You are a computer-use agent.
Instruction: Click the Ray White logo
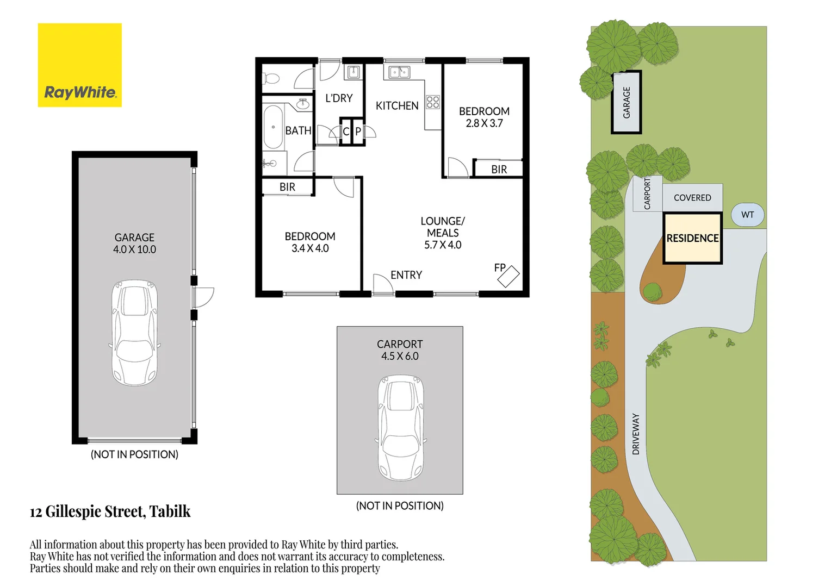click(79, 65)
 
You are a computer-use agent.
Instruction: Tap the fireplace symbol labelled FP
click(508, 277)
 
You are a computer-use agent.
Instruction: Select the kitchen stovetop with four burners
click(433, 102)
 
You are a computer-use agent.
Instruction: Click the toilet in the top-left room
click(271, 79)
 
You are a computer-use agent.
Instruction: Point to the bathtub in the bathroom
click(273, 127)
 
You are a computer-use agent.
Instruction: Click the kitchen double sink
click(399, 72)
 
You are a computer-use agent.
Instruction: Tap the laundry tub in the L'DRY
click(354, 72)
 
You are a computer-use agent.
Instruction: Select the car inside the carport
click(401, 427)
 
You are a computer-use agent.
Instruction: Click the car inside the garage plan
click(134, 333)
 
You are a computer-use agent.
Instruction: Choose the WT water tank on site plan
click(747, 215)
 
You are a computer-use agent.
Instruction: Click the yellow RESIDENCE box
click(692, 239)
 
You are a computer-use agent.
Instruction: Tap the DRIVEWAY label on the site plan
click(636, 434)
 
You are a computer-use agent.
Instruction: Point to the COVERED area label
click(692, 198)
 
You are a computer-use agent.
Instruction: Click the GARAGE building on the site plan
click(627, 102)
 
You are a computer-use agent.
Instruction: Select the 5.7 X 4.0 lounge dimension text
click(443, 245)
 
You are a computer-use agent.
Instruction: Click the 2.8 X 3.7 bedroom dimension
click(484, 123)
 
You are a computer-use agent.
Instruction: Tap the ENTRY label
click(406, 275)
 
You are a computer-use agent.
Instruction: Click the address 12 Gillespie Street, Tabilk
click(110, 511)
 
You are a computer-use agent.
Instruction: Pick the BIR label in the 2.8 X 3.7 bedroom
click(499, 170)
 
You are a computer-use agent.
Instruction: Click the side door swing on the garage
click(204, 297)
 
